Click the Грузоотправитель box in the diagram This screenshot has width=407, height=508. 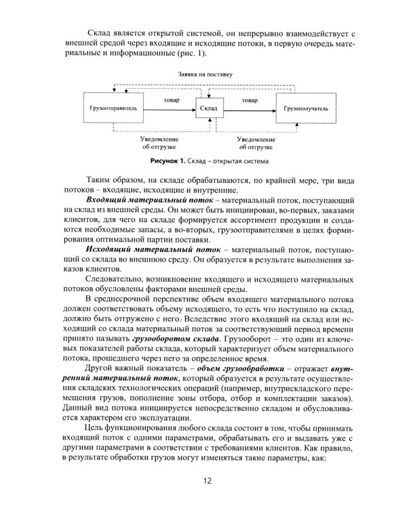(x=113, y=108)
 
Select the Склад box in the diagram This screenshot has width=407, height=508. (x=209, y=108)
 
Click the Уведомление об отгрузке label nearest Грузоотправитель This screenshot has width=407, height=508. (x=161, y=142)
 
